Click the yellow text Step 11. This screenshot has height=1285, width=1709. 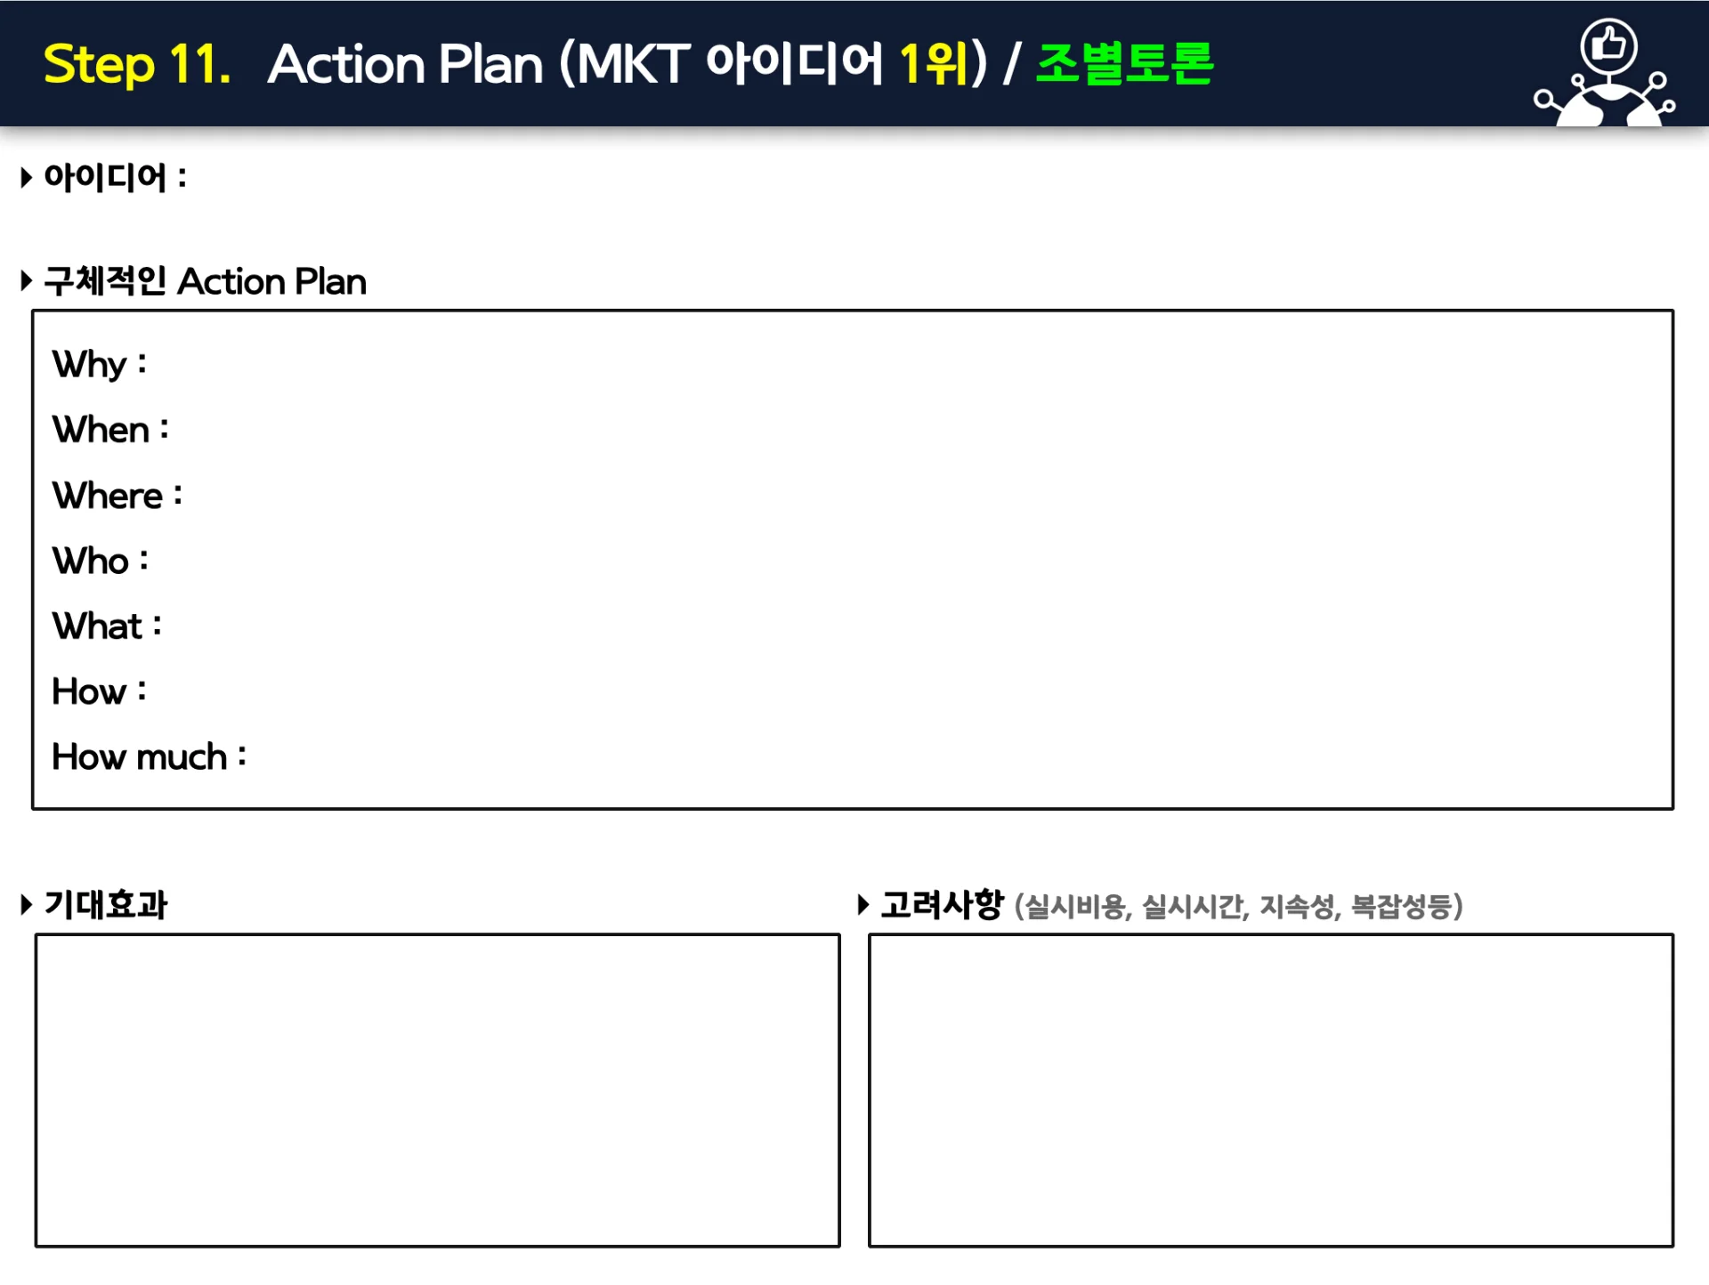tap(137, 65)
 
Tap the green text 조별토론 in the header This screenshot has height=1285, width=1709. tap(1125, 63)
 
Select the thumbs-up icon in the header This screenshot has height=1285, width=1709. tap(1608, 44)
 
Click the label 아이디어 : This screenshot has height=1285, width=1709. tap(115, 177)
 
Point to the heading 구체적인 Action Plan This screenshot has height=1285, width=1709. tap(205, 281)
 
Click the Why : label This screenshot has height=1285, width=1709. tap(99, 365)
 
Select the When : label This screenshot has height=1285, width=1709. tap(110, 430)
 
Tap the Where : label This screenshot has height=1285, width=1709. tap(117, 496)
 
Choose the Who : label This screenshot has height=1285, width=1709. tap(101, 561)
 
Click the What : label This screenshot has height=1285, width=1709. tap(107, 626)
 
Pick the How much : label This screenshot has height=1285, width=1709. tap(149, 757)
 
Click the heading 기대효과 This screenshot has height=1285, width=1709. tap(106, 905)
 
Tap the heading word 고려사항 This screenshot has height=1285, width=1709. tap(943, 905)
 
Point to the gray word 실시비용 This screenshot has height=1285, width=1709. tap(1074, 907)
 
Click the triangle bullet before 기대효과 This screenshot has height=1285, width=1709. tap(27, 905)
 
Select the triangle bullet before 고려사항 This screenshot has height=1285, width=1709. tap(863, 905)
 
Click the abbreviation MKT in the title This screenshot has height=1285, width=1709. tap(633, 65)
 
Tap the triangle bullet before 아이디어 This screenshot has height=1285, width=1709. tap(27, 177)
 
